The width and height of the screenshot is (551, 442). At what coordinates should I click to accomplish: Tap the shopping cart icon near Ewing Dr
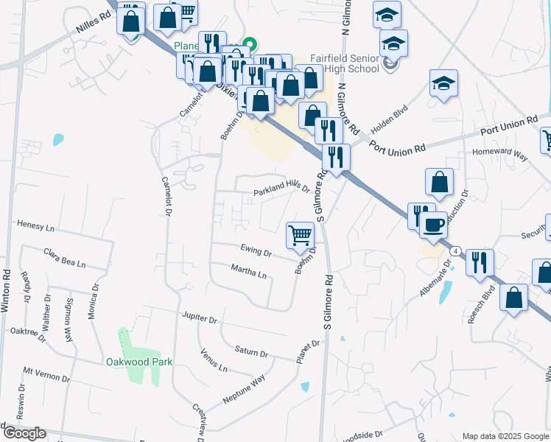coord(300,236)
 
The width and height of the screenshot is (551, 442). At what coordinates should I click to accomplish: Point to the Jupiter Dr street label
coord(199,318)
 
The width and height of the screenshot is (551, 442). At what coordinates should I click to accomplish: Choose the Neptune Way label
coord(244,390)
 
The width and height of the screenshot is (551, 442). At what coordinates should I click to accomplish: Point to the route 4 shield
coord(457,251)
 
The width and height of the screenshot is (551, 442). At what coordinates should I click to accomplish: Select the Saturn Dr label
coord(251,351)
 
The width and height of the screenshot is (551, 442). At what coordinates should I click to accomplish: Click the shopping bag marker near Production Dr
coord(439,184)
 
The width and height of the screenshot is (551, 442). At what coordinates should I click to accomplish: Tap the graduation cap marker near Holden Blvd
coord(443,85)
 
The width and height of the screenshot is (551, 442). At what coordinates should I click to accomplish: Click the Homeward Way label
coord(501,156)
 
